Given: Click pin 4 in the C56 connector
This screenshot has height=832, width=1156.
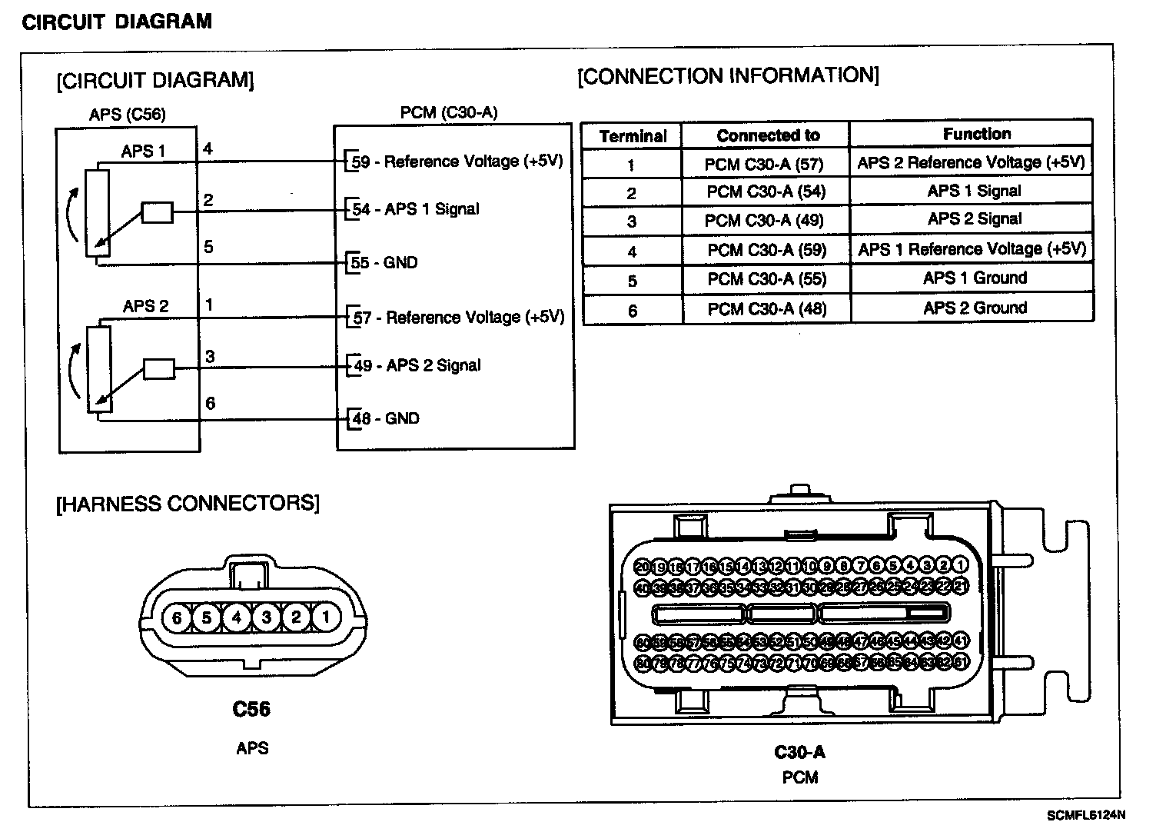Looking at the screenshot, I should tap(237, 617).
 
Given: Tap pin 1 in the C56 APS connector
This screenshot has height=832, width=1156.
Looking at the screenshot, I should tap(326, 617).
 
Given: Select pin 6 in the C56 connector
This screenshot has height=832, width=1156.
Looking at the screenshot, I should tap(177, 617).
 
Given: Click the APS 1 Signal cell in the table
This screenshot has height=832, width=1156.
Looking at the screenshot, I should tap(974, 191).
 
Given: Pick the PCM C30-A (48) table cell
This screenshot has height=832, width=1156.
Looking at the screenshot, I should tap(766, 309).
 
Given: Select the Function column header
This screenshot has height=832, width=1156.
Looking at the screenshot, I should tap(976, 134).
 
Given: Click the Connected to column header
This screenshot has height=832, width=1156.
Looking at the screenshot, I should tap(768, 135).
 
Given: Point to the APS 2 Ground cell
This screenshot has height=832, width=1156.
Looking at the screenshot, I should tap(975, 308).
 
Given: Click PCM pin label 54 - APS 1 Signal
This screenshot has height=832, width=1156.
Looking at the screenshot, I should tap(415, 209).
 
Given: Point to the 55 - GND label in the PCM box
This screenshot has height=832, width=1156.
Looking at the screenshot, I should tap(384, 263).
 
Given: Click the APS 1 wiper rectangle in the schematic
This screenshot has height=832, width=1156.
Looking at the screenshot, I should tap(158, 212).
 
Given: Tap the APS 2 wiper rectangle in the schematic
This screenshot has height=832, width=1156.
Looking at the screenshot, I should tap(159, 369).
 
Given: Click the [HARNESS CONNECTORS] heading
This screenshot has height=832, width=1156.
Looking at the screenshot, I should tap(188, 504).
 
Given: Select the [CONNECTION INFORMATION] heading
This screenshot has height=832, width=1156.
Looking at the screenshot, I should tap(728, 75).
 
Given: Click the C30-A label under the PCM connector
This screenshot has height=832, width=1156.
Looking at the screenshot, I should tap(799, 752).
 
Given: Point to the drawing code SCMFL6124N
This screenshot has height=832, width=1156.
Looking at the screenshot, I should tap(1085, 815).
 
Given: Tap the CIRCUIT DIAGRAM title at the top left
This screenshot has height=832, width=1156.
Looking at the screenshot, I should tap(117, 22).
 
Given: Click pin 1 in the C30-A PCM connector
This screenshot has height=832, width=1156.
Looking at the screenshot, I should tap(960, 566).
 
